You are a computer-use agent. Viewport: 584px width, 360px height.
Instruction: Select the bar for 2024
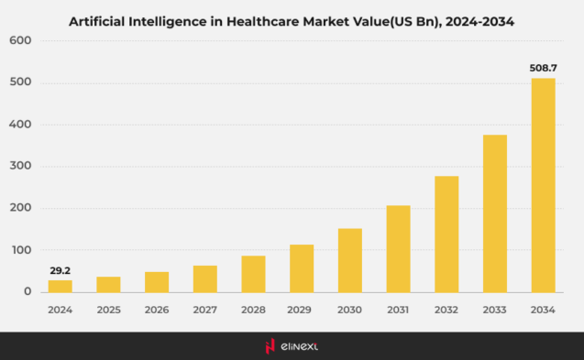click(x=61, y=286)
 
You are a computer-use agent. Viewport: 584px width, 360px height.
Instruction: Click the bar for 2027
click(x=205, y=278)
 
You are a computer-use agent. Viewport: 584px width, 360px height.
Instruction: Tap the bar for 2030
click(x=350, y=260)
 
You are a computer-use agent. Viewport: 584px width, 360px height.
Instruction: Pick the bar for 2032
click(x=446, y=234)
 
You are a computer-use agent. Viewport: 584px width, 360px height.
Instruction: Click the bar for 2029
click(x=302, y=267)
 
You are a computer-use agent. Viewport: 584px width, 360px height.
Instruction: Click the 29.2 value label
click(x=61, y=269)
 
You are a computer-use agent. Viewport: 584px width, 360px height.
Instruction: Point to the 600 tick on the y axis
click(x=22, y=41)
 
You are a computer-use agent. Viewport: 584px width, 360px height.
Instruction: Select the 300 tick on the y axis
click(x=22, y=167)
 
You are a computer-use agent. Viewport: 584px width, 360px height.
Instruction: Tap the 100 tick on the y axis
click(x=22, y=250)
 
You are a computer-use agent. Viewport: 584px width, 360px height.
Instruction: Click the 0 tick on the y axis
click(x=28, y=292)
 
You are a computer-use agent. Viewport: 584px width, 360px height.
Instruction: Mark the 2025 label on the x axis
click(x=108, y=310)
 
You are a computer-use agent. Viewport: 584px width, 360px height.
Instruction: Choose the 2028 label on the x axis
click(x=253, y=310)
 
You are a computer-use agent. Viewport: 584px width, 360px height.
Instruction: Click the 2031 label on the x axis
click(x=398, y=310)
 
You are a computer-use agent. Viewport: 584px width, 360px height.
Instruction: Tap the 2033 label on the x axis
click(x=495, y=310)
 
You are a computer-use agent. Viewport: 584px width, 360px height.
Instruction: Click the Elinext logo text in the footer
click(x=302, y=346)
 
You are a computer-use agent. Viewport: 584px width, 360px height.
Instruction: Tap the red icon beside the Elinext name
click(x=270, y=346)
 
